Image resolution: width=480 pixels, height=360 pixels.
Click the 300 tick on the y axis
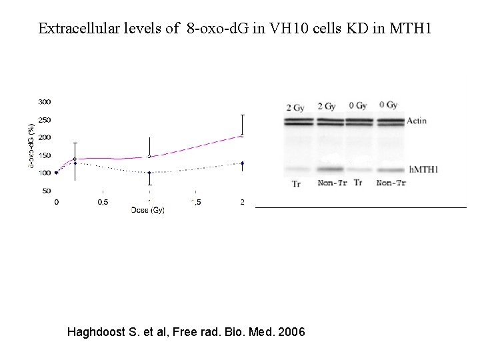click(44, 102)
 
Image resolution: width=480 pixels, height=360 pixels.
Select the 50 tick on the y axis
click(46, 191)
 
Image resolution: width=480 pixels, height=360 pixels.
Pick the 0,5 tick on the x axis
click(103, 201)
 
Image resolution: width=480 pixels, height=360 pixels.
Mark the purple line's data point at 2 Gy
click(243, 135)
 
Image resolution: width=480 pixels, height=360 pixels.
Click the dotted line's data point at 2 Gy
click(243, 163)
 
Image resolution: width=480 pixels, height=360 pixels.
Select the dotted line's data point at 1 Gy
click(149, 173)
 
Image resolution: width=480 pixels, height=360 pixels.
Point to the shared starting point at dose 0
click(56, 173)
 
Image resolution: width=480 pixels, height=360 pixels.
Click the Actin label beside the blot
click(417, 121)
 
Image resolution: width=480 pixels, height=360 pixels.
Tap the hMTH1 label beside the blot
click(424, 170)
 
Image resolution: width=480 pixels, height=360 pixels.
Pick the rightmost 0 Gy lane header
click(388, 105)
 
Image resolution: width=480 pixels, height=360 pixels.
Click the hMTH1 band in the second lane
click(331, 170)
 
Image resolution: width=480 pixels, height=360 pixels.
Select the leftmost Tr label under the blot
click(296, 183)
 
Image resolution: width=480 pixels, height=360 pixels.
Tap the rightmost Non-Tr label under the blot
click(391, 183)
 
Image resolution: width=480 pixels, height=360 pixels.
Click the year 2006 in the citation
click(291, 331)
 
